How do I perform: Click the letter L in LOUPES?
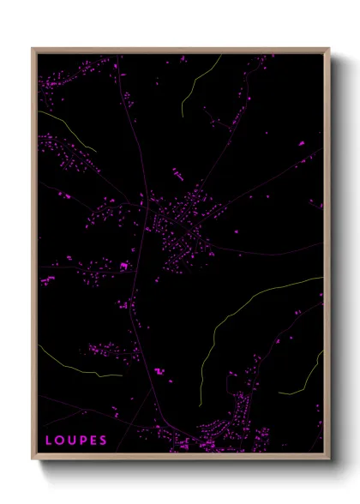pyautogui.click(x=48, y=441)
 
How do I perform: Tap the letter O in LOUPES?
pyautogui.click(x=59, y=441)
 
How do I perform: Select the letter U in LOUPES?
pyautogui.click(x=71, y=441)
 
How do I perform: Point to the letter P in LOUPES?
pyautogui.click(x=82, y=441)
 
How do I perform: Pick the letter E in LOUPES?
pyautogui.click(x=93, y=441)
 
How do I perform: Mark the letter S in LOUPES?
pyautogui.click(x=103, y=441)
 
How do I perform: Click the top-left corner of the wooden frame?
pyautogui.click(x=33, y=49)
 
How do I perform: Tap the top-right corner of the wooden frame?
pyautogui.click(x=329, y=49)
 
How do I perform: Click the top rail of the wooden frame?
pyautogui.click(x=180, y=50)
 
